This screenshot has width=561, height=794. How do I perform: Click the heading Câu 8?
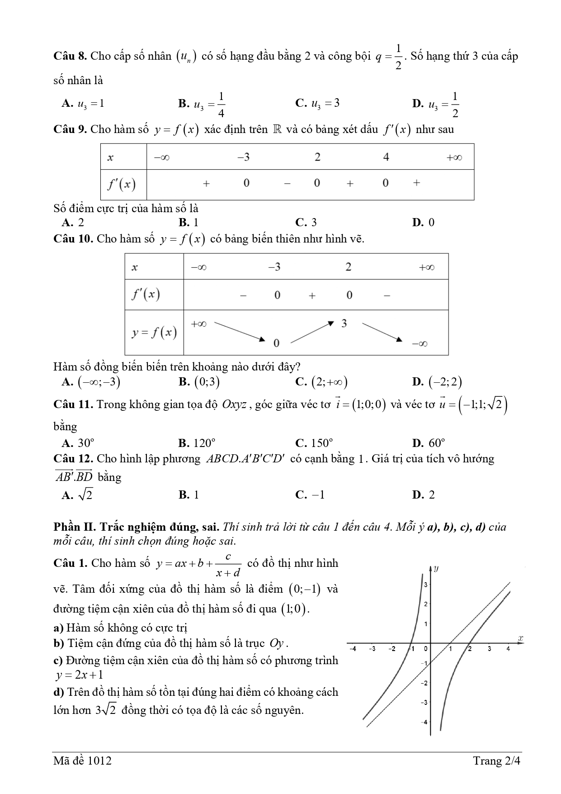(70, 56)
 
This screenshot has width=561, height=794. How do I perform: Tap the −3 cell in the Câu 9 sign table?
(243, 157)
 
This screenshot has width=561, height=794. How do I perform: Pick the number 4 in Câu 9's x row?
(386, 157)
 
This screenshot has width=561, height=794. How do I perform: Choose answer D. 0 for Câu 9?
(423, 222)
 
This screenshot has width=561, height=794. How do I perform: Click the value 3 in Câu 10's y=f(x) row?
(344, 323)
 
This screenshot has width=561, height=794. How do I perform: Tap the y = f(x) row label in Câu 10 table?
(154, 333)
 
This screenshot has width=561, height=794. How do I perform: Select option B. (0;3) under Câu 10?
(199, 382)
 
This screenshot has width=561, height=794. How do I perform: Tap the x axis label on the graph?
(520, 638)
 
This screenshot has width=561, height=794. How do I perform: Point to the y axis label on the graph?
(436, 568)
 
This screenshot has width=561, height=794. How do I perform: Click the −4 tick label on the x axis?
(353, 648)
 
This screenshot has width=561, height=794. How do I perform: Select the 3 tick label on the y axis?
(425, 585)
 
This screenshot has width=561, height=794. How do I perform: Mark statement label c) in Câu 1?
(58, 661)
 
